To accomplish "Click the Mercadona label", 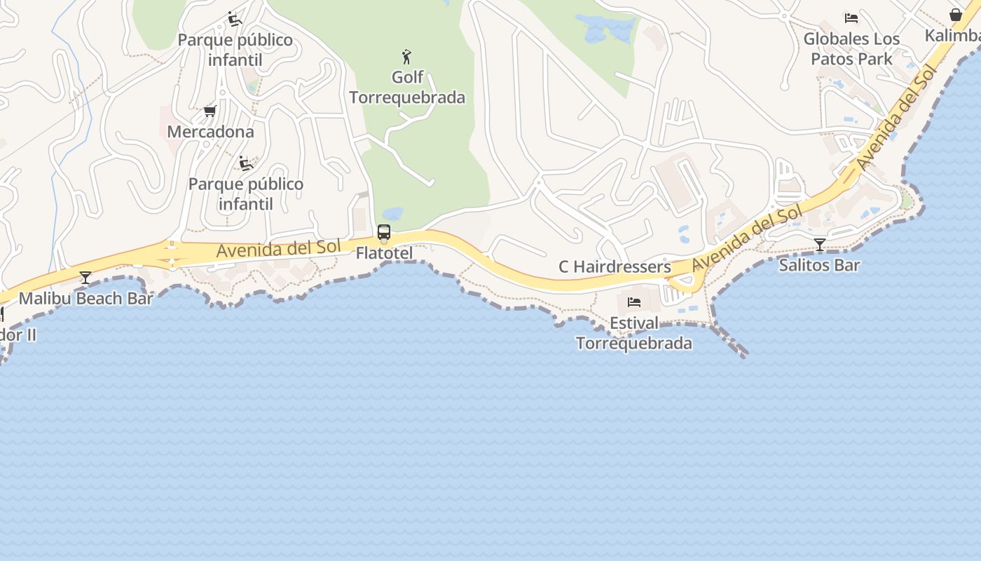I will (x=210, y=131).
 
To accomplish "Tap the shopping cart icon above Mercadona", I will (x=209, y=111).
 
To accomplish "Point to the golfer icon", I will (x=406, y=56).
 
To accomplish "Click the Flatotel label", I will (x=384, y=252).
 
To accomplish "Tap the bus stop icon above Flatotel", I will (x=383, y=232).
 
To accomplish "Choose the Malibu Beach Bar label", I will (x=85, y=298).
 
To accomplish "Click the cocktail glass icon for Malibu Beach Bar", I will (x=85, y=278).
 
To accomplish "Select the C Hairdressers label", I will (x=615, y=266).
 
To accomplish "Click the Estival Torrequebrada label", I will (x=634, y=333).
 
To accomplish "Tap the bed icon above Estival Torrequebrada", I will (x=634, y=302).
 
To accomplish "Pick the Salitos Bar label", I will (x=819, y=265).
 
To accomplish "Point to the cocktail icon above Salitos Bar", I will (x=819, y=244).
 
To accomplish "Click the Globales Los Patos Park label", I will (x=851, y=48).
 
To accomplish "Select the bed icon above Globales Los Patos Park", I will (x=851, y=18).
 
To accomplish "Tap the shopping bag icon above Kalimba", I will (x=955, y=15).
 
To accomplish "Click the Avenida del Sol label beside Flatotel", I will (x=278, y=249).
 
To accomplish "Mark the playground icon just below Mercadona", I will (x=245, y=163).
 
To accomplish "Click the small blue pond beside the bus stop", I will (x=392, y=213).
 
